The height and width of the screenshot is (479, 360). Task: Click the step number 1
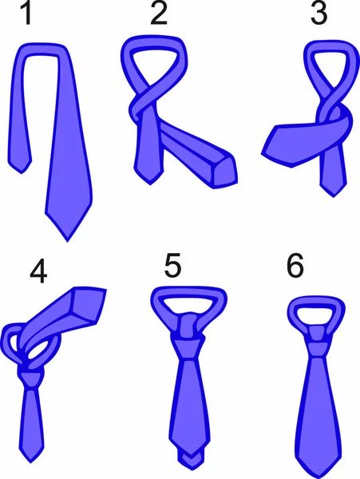27,14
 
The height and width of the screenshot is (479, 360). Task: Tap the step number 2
159,14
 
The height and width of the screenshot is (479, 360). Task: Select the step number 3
318,14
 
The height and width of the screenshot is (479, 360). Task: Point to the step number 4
38,273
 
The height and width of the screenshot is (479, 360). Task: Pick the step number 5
172,265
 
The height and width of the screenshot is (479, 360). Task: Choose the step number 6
295,265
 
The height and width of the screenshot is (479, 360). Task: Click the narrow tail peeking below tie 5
191,462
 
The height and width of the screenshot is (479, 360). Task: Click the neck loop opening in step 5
188,305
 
